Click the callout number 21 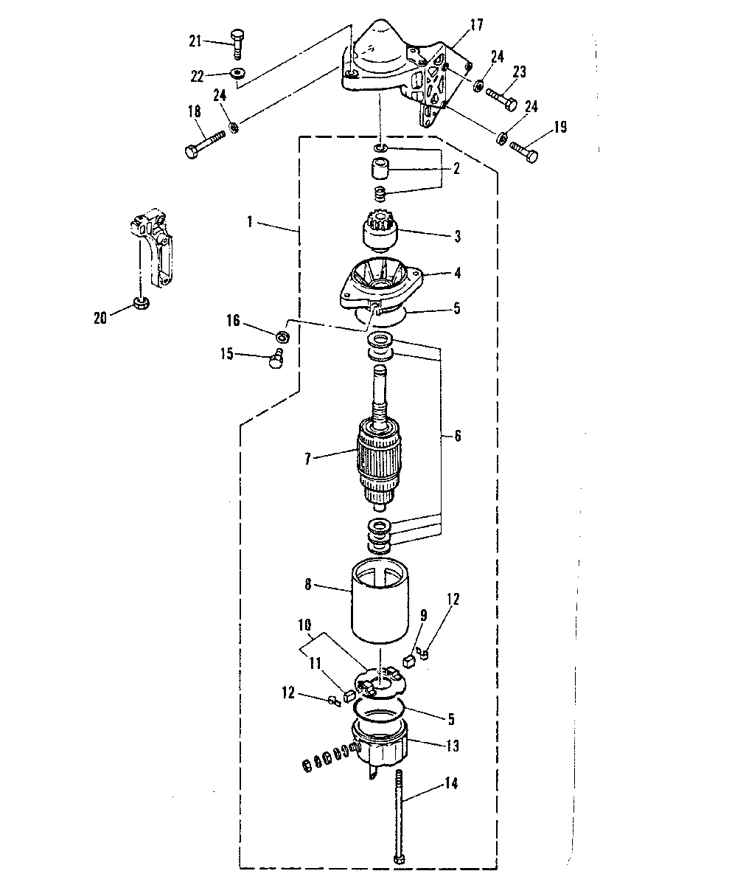pos(195,41)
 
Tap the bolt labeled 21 pos(237,44)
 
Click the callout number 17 pos(476,25)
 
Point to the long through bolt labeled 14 pos(399,816)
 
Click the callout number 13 pos(452,746)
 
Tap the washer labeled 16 pos(282,337)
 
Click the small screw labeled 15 pos(276,358)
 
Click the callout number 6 pos(458,436)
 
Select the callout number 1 pos(250,221)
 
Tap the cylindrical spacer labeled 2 pos(380,169)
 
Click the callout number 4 pos(457,273)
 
